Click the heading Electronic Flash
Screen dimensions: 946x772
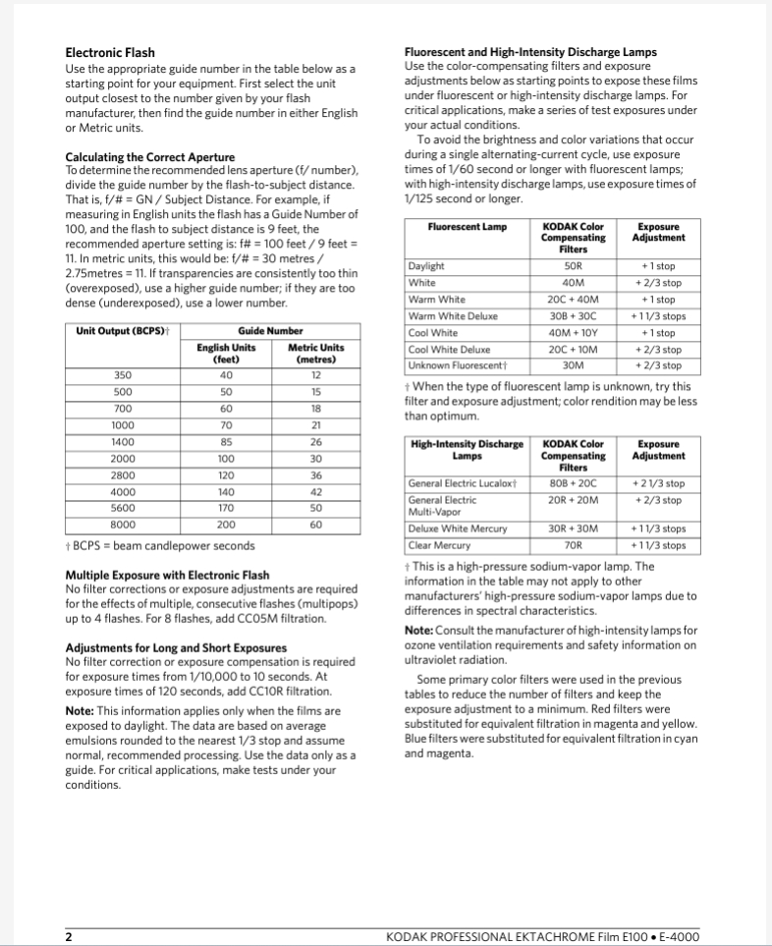point(110,52)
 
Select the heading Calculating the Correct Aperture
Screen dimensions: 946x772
point(149,157)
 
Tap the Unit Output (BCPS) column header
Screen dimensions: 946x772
point(120,331)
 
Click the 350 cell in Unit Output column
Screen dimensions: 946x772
point(123,374)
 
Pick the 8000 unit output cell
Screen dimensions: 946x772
point(123,525)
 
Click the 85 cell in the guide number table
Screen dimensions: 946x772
point(227,441)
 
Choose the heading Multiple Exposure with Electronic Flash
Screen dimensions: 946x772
point(167,575)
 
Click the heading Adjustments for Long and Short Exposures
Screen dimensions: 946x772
point(176,647)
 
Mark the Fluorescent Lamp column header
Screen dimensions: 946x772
point(468,227)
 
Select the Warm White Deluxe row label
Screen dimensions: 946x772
point(453,316)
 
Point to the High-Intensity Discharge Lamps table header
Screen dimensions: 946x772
point(467,450)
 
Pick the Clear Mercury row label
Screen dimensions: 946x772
point(440,544)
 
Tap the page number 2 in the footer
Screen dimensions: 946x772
point(69,937)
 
